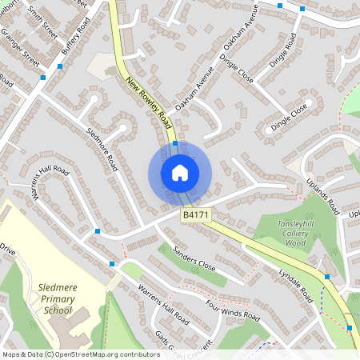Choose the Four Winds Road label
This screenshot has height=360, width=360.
(233, 309)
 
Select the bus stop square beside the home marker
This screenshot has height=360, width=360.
(174, 143)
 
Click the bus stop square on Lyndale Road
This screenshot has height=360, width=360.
(326, 277)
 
